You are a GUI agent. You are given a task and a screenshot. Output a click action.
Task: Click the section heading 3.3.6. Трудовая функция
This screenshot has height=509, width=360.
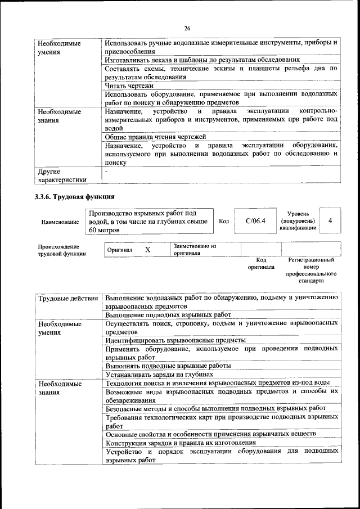point(75,197)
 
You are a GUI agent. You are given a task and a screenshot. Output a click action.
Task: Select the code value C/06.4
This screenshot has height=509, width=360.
point(255,220)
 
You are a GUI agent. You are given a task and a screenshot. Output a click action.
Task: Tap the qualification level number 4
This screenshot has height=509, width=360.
point(330,220)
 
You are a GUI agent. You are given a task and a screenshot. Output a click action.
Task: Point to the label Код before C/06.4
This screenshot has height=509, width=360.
point(223,221)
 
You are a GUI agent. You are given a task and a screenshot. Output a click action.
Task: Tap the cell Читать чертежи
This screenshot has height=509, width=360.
point(129,85)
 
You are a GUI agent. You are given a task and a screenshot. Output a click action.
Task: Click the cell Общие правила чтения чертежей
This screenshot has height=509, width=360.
point(155,137)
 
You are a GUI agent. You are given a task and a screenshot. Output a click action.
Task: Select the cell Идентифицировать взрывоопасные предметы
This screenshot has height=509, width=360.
point(175,340)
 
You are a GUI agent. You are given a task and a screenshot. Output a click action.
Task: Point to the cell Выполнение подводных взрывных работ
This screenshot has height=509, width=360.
point(168,315)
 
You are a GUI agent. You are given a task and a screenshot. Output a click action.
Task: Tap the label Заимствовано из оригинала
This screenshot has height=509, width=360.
point(195,249)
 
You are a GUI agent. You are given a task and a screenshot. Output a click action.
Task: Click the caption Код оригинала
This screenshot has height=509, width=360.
point(261,264)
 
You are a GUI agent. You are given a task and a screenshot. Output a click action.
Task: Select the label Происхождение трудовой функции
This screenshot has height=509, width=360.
point(62,250)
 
